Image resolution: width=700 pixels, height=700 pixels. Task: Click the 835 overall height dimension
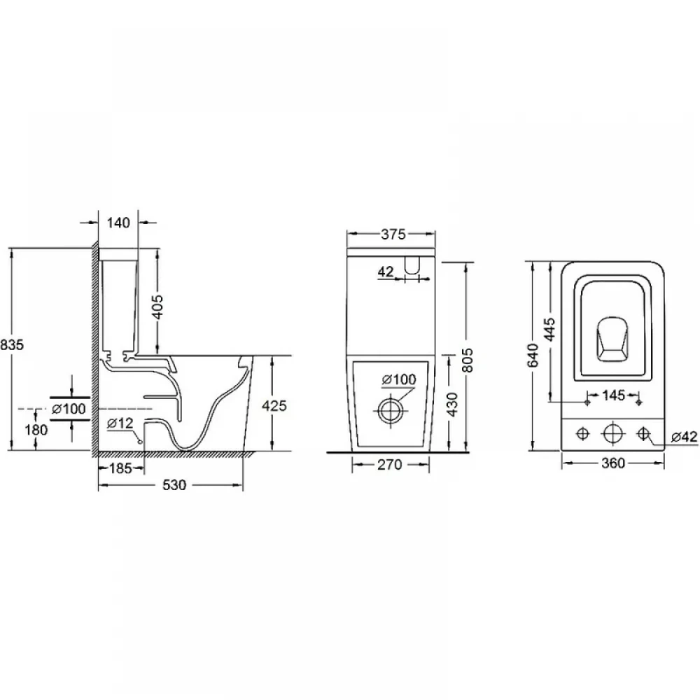click(x=12, y=345)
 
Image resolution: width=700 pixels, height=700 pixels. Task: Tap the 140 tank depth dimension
click(x=118, y=223)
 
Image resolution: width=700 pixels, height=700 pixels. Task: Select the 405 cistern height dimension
click(x=157, y=307)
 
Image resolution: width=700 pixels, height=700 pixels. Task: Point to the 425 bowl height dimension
click(x=274, y=406)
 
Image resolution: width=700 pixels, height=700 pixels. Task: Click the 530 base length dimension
click(x=174, y=485)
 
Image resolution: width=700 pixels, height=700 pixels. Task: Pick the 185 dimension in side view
click(x=120, y=468)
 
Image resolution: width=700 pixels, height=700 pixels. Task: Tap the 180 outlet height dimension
click(x=36, y=430)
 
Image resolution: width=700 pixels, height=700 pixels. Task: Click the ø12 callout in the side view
click(x=120, y=423)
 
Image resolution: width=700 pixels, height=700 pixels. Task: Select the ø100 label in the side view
click(x=69, y=409)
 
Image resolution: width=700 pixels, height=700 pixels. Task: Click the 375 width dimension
click(x=393, y=234)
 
